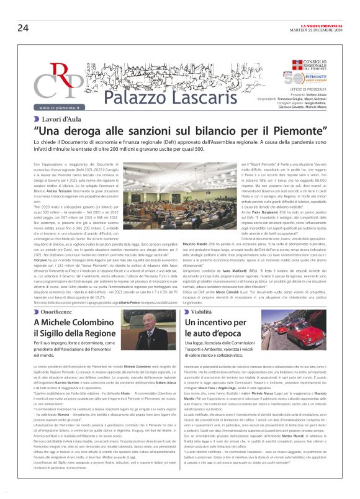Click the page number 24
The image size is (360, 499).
(23, 27)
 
